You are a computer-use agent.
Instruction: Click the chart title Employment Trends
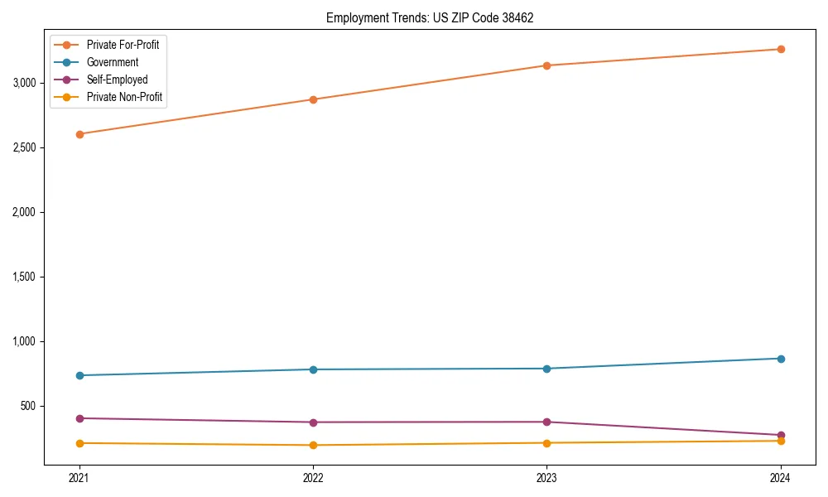pos(424,17)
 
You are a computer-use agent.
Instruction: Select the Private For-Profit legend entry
pos(123,45)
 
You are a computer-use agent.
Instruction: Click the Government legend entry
pos(113,62)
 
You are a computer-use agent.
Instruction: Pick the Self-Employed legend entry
pos(117,80)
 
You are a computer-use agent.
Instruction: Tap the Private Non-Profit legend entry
pos(124,97)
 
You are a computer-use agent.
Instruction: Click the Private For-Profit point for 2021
pos(79,134)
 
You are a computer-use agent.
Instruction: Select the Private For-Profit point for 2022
pos(313,99)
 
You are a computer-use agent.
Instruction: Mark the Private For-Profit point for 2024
pos(781,49)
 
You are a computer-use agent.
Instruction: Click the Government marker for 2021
pos(79,375)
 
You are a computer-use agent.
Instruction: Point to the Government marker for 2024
pos(781,359)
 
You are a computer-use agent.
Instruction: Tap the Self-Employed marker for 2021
pos(79,418)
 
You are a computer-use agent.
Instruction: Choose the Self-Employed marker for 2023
pos(546,422)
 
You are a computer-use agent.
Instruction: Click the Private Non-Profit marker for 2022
pos(313,445)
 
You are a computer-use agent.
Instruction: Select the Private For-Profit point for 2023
pos(546,65)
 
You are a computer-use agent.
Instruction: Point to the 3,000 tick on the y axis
pos(25,83)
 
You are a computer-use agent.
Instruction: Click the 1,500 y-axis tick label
pos(25,277)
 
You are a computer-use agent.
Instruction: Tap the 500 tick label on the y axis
pos(29,406)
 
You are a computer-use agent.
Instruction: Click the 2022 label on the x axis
pos(313,477)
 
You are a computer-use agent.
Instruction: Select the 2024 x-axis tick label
pos(781,477)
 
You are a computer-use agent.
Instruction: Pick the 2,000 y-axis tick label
pos(25,212)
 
